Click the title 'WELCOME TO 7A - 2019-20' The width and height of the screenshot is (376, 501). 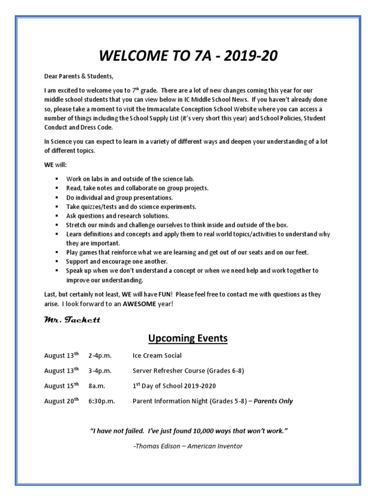(188, 56)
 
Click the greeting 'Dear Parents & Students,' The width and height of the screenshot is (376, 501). (78, 76)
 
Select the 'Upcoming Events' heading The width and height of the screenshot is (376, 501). (188, 338)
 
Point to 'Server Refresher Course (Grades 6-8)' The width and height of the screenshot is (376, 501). (188, 370)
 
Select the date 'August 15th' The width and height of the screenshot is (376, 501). (61, 386)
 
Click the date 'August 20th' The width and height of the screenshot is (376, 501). (61, 401)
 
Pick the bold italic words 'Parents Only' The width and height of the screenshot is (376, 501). (273, 401)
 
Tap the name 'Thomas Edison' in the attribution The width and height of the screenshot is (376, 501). (156, 446)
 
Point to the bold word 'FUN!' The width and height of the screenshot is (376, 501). (164, 295)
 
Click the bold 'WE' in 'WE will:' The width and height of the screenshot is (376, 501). (49, 164)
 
